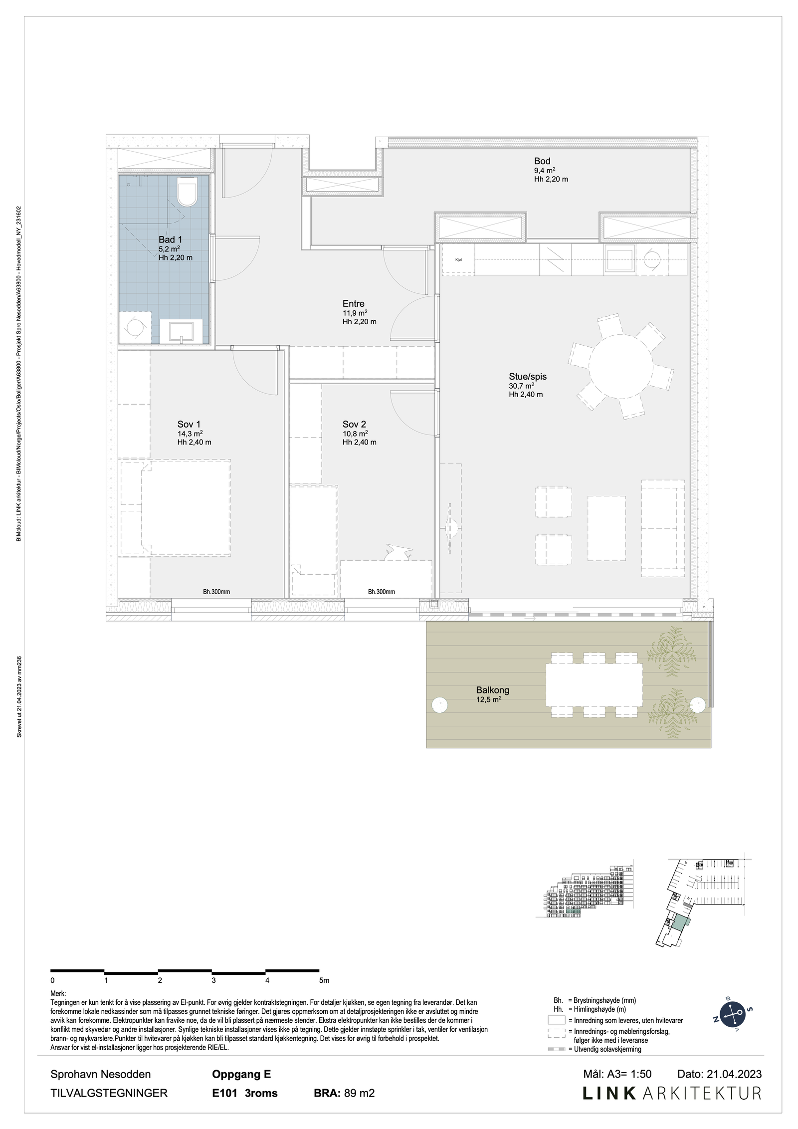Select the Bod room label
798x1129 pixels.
pyautogui.click(x=542, y=161)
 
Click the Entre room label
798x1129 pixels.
pyautogui.click(x=353, y=303)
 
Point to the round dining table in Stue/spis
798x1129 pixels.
pyautogui.click(x=620, y=366)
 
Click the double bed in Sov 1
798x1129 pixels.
pyautogui.click(x=186, y=507)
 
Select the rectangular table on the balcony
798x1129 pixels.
pyautogui.click(x=594, y=684)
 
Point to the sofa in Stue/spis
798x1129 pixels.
pyautogui.click(x=662, y=528)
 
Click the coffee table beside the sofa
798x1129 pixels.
pyautogui.click(x=606, y=528)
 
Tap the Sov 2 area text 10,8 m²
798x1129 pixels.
pyautogui.click(x=355, y=434)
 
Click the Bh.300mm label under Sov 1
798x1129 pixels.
pyautogui.click(x=216, y=592)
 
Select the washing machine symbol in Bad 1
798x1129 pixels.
pyautogui.click(x=135, y=327)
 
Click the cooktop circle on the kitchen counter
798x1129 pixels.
pyautogui.click(x=651, y=259)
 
